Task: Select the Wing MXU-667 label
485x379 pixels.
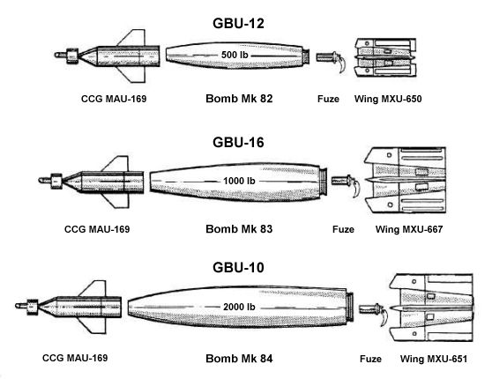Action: click(408, 230)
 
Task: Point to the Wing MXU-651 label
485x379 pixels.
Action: click(431, 359)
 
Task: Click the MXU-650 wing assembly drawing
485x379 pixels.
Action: click(384, 57)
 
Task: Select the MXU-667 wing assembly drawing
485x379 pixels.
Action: click(411, 182)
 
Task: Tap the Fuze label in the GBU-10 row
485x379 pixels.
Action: click(372, 359)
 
